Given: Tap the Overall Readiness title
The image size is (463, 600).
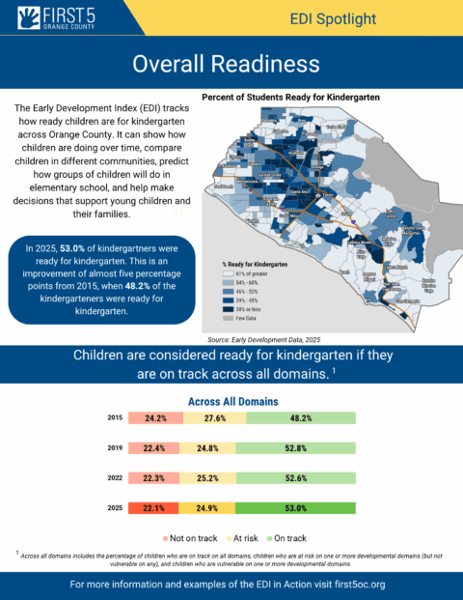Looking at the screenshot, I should click(x=231, y=65).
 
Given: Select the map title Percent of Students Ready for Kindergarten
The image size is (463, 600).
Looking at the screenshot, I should click(x=290, y=98).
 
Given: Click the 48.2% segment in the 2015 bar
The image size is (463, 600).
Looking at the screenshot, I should click(x=301, y=417).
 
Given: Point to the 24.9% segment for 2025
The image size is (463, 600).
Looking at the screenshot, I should click(x=211, y=507).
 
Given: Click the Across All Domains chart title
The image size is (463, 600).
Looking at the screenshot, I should click(x=231, y=400).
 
